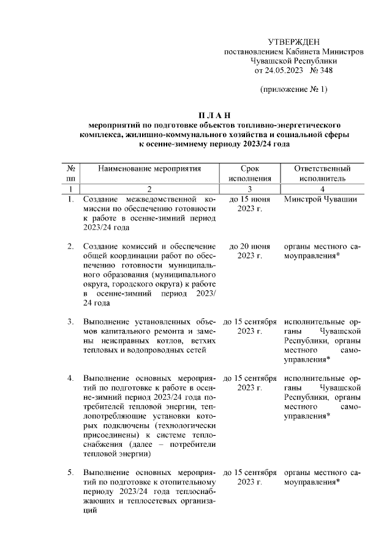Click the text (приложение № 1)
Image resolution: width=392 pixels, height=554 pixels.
point(294,91)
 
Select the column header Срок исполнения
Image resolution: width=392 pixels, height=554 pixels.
point(249,173)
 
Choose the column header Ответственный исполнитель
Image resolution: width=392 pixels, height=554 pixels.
point(322,173)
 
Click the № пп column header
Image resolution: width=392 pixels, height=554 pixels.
point(71,173)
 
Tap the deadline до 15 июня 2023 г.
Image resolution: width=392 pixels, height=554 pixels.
point(249,204)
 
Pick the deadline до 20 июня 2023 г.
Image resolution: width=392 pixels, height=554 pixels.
point(249,251)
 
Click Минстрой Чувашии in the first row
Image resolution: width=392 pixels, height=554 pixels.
point(321,200)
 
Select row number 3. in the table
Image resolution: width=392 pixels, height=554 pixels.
point(70,321)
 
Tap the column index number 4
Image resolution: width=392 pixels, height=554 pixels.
point(322,189)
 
